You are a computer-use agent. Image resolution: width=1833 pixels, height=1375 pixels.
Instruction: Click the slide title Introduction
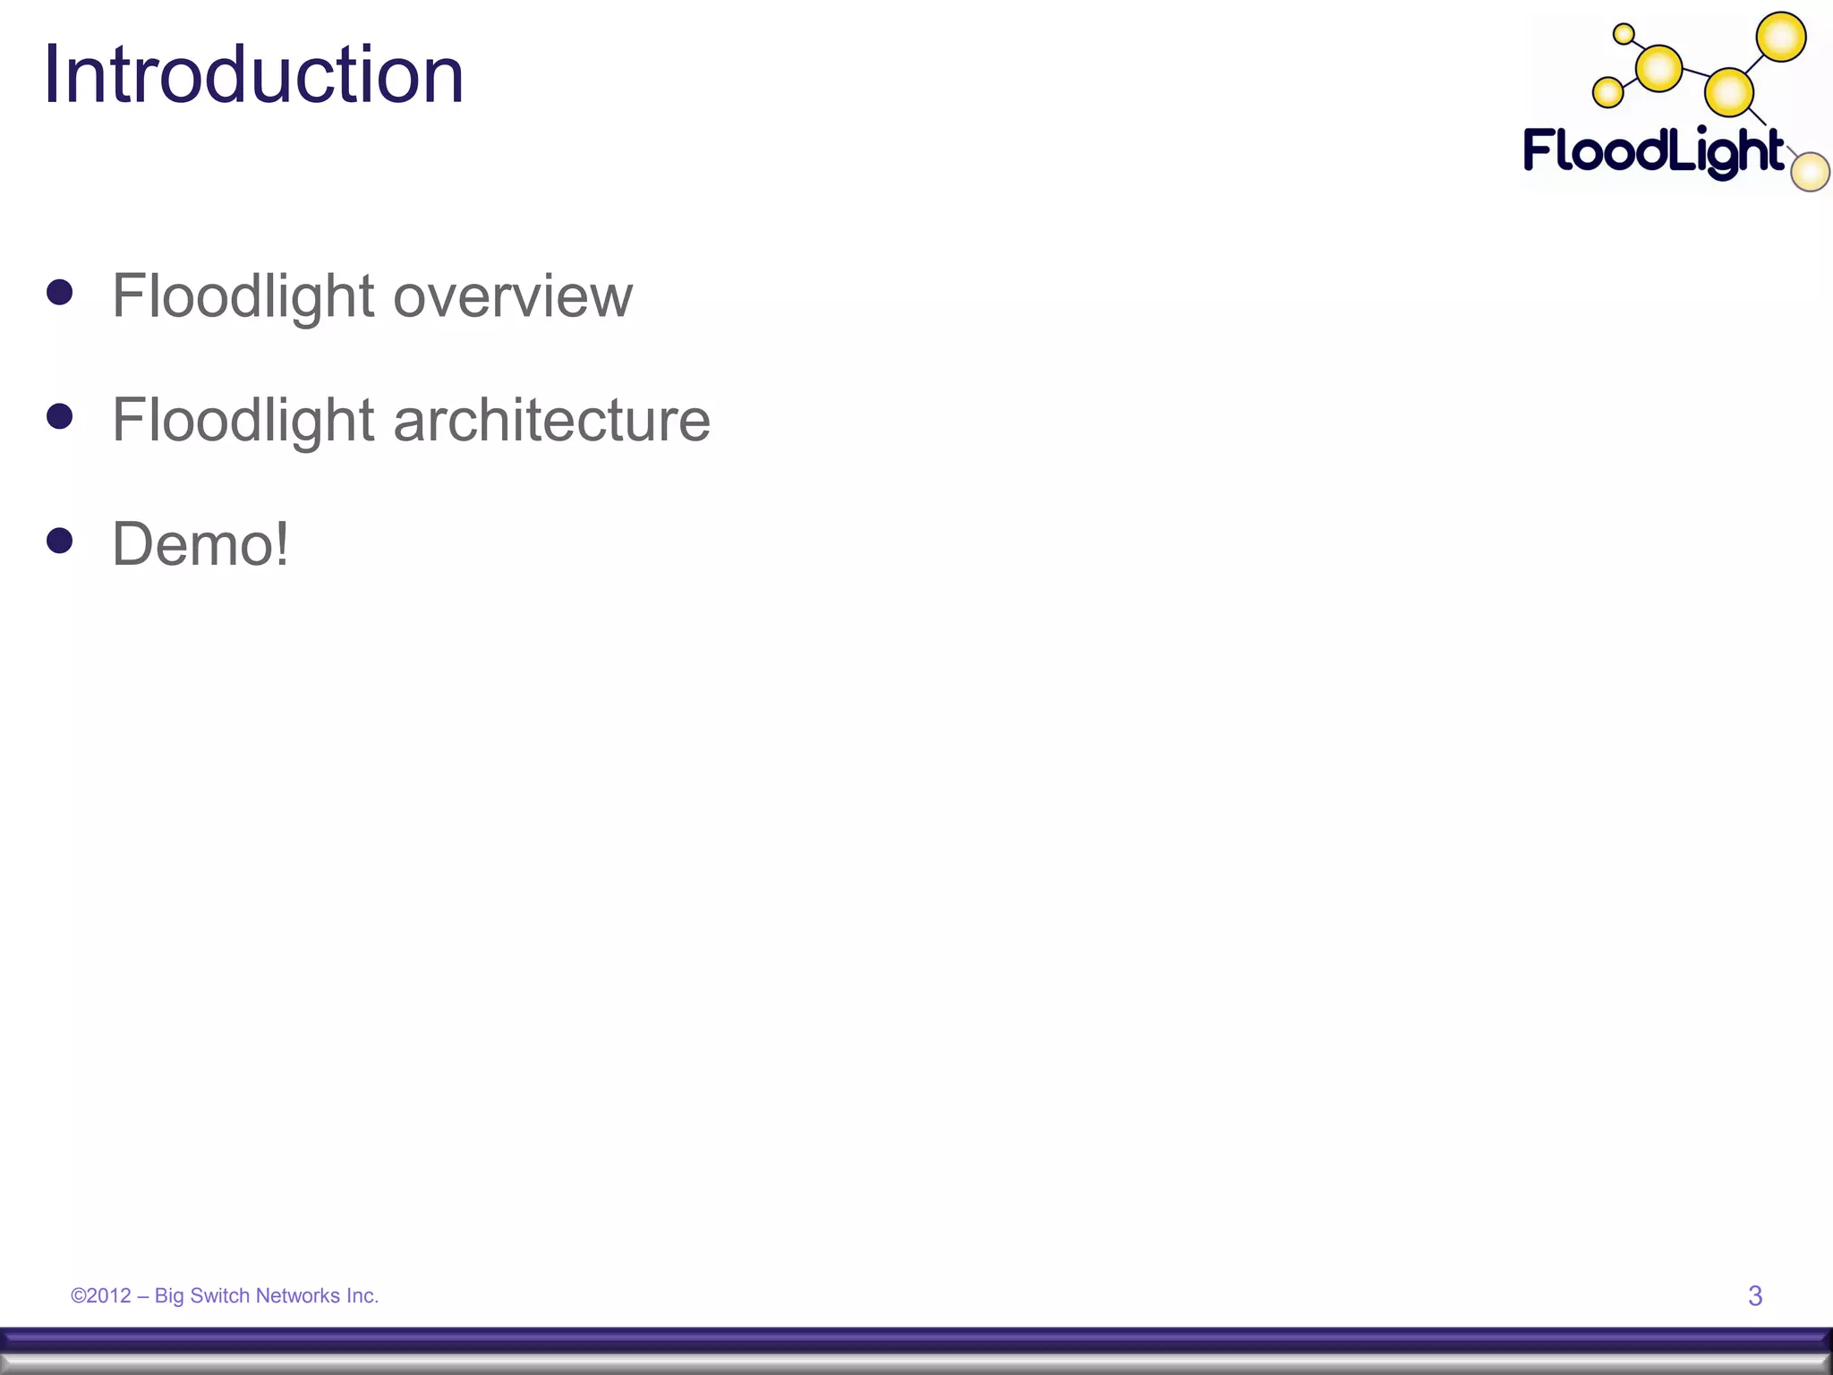click(x=253, y=75)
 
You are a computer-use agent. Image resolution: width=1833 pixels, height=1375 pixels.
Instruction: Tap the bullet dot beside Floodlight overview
click(x=60, y=293)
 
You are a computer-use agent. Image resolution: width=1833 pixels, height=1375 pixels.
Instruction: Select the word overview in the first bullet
click(x=513, y=296)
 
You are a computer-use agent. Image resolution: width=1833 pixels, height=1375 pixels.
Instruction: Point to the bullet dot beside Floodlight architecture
click(x=60, y=416)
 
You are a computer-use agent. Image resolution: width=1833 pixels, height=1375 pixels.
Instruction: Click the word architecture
click(x=551, y=420)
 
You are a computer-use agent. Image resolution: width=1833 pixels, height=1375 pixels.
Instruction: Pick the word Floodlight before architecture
click(x=243, y=420)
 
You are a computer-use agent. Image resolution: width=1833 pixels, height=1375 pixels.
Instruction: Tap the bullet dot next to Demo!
click(x=60, y=541)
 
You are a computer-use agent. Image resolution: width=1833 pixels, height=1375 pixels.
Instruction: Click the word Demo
click(x=191, y=544)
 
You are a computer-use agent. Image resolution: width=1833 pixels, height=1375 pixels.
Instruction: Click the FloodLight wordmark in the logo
click(x=1653, y=152)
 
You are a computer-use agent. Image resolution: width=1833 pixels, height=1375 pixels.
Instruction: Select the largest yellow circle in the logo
click(x=1781, y=37)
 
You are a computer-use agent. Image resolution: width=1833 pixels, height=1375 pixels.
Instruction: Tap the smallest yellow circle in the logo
click(x=1623, y=35)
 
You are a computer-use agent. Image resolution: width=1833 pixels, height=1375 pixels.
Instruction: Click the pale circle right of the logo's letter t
click(x=1810, y=172)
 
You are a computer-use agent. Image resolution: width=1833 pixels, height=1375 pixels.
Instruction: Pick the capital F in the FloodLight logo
click(x=1541, y=149)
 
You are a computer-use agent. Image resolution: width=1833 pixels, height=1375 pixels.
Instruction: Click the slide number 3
click(x=1755, y=1295)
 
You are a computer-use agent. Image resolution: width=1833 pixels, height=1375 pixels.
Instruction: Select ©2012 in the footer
click(x=101, y=1295)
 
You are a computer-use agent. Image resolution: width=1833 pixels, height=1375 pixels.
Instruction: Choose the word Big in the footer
click(x=169, y=1296)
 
